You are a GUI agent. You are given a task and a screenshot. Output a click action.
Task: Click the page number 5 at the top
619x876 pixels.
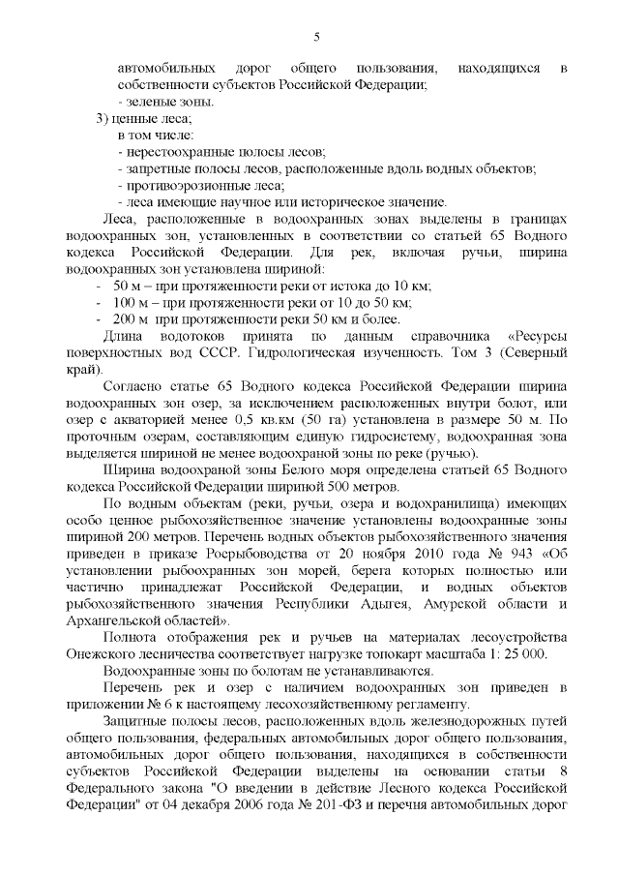point(316,38)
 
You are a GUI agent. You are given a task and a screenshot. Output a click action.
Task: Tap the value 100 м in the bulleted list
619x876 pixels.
point(130,303)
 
